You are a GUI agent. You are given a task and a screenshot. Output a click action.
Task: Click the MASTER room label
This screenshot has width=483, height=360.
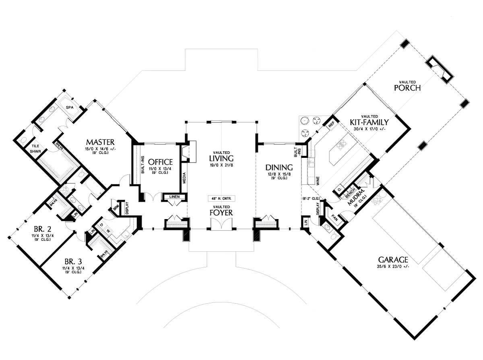pos(100,142)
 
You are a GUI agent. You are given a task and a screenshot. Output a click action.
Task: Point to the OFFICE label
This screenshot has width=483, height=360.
pos(160,162)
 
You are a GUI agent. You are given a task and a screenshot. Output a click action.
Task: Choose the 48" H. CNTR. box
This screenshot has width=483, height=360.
pos(221,199)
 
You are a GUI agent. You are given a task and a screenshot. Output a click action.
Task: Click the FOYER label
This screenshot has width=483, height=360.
pos(221,212)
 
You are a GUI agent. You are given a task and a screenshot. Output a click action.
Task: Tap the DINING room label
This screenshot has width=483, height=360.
pos(279,167)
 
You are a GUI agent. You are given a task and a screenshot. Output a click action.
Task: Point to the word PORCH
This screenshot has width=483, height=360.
pos(407,87)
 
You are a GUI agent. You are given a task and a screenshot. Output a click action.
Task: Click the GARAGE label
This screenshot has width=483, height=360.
pos(393,260)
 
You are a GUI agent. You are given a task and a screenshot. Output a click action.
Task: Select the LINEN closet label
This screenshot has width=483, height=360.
pos(174,197)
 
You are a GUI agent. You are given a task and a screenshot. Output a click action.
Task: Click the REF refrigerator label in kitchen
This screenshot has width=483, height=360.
pos(331,125)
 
